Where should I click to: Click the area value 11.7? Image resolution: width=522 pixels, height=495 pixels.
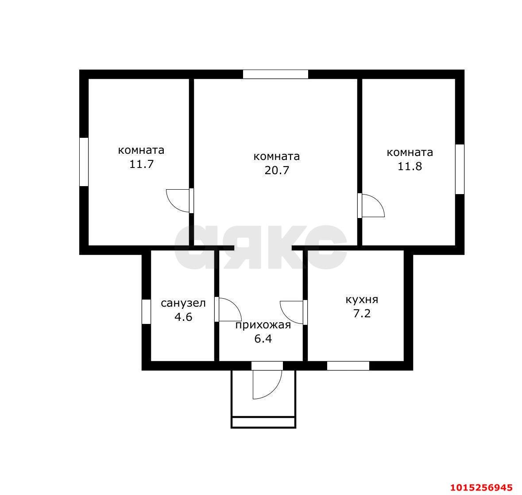(141, 164)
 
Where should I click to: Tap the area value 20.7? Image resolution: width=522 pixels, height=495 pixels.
(277, 170)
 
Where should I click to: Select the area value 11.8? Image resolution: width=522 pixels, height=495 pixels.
(410, 166)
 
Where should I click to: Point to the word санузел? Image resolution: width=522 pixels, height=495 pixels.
(183, 303)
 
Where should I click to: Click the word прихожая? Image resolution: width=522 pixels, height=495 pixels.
(263, 325)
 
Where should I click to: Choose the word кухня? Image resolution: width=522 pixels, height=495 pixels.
(362, 300)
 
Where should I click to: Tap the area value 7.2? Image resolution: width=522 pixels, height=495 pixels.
(362, 313)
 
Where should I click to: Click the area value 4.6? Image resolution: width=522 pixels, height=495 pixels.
(183, 316)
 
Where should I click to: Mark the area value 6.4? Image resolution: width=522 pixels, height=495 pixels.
(263, 339)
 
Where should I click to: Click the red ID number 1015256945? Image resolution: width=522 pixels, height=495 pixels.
(481, 487)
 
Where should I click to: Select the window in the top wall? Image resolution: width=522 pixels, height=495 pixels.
(276, 74)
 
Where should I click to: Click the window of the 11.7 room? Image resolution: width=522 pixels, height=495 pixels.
(84, 162)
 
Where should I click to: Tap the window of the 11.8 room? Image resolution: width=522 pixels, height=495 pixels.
(460, 169)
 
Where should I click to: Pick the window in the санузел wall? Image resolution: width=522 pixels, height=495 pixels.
(146, 312)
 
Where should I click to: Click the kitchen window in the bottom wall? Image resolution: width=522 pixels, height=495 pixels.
(348, 366)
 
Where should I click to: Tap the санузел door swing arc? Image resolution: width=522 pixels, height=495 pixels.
(235, 304)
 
